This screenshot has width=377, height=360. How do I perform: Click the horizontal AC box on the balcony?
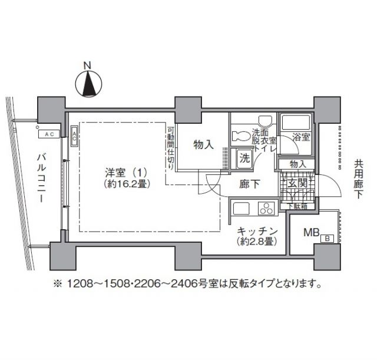(49, 134)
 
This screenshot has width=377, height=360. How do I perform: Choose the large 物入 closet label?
(203, 144)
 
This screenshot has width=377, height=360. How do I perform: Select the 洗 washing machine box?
(244, 157)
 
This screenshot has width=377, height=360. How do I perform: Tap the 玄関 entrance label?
(296, 184)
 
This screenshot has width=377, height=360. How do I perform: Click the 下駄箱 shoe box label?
(296, 206)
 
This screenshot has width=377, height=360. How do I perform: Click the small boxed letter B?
(328, 239)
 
